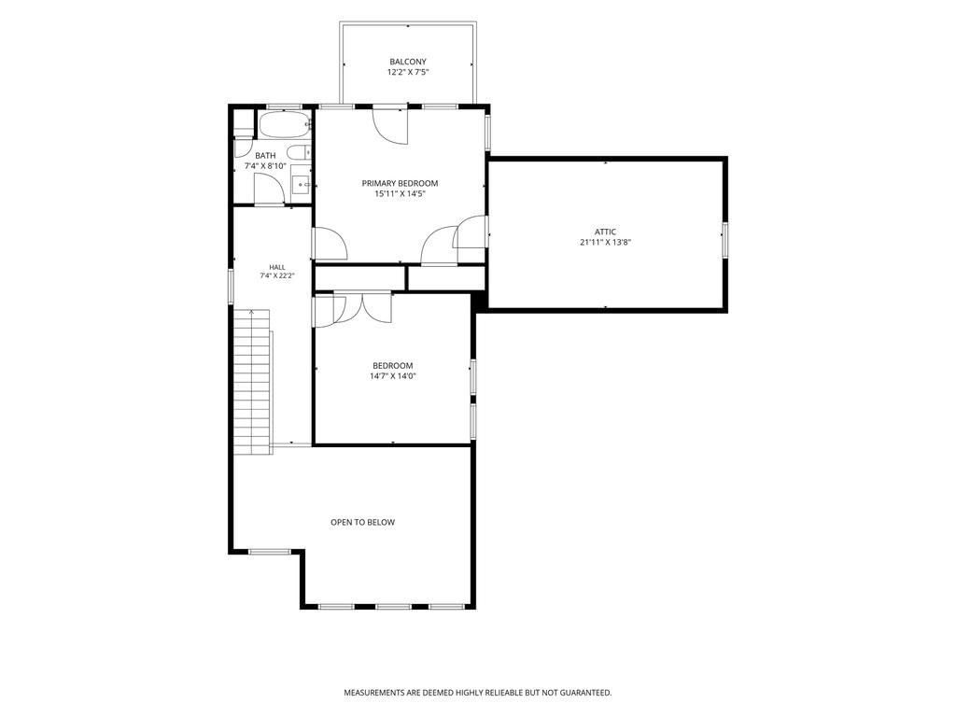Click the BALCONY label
click(x=408, y=62)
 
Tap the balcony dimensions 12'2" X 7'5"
click(x=408, y=72)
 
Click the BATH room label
click(x=265, y=156)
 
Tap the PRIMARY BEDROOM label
click(x=400, y=183)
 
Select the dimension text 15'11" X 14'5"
click(x=400, y=194)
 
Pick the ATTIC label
click(x=605, y=232)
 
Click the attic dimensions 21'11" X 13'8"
click(x=605, y=242)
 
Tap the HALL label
click(x=276, y=267)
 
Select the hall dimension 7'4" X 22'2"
click(x=276, y=275)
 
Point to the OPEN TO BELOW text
click(x=363, y=522)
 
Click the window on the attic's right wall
click(x=724, y=238)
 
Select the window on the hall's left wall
click(x=232, y=287)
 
